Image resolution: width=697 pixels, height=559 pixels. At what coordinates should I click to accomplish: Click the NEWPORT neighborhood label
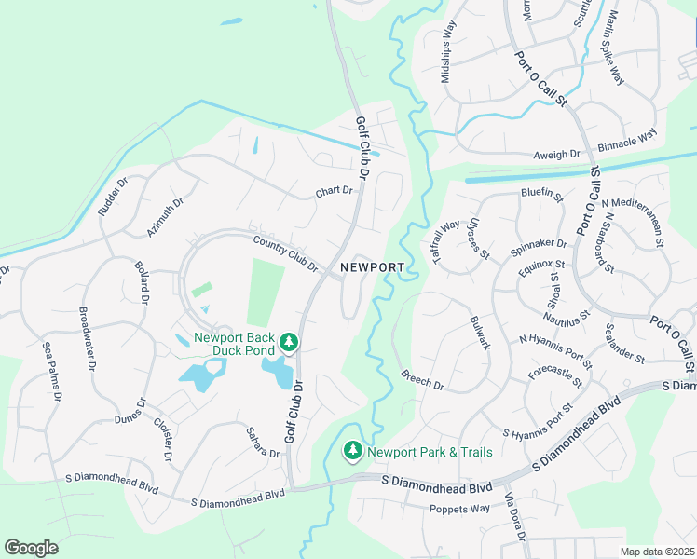point(373,267)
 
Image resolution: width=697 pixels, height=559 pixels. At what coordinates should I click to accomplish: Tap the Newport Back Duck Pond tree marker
point(289,343)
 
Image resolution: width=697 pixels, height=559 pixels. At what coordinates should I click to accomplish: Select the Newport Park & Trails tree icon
point(353,451)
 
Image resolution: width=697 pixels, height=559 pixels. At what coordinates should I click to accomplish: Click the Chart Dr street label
point(335,191)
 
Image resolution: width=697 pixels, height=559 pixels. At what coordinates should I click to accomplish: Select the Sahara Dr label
point(263,441)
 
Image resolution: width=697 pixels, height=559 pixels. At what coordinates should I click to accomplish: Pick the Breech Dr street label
point(423,379)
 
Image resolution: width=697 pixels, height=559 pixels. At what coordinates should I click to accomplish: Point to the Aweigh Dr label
point(556,155)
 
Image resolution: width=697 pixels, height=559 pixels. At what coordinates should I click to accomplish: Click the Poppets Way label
point(459,509)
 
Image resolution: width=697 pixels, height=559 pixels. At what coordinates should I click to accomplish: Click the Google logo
point(31,548)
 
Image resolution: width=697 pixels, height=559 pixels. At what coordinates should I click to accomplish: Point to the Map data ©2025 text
point(656,552)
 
